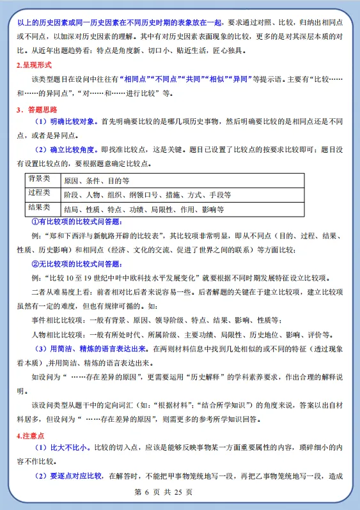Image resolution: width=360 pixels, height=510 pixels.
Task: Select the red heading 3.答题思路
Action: pyautogui.click(x=35, y=109)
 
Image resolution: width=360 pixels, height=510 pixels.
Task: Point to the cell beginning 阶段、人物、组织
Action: pyautogui.click(x=147, y=194)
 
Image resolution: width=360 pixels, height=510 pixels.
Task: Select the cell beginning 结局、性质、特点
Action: pyautogui.click(x=144, y=209)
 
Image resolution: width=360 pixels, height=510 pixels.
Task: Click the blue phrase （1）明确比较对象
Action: pyautogui.click(x=66, y=122)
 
